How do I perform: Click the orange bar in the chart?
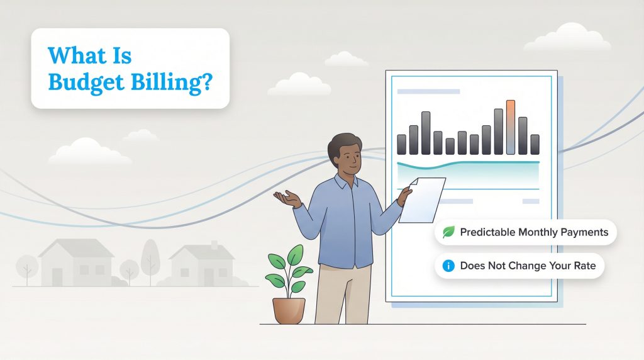point(510,127)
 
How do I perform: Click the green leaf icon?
point(449,232)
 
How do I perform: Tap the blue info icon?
point(449,266)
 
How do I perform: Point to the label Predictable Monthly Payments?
point(534,232)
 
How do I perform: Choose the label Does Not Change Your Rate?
point(528,266)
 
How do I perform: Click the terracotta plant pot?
point(289,310)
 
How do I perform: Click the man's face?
point(348,160)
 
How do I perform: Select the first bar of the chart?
point(401,144)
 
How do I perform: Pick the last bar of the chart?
point(535,144)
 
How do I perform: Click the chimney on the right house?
point(214,244)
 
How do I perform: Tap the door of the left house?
point(57,277)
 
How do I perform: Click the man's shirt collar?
point(346,183)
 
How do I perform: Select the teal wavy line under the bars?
point(468,165)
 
